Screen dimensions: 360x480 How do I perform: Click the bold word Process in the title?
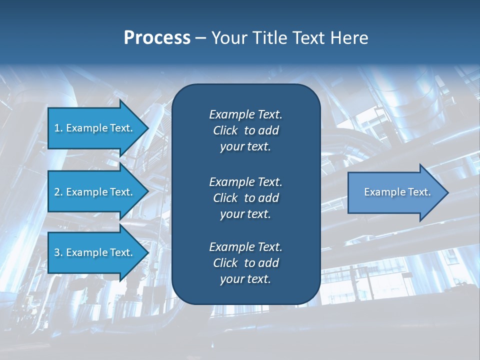coord(157,38)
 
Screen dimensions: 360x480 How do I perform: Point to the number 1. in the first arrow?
coord(58,128)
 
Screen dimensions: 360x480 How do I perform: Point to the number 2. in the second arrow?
coord(58,192)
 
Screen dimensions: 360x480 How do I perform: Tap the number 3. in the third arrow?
coord(58,252)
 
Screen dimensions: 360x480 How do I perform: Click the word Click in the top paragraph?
coord(225,131)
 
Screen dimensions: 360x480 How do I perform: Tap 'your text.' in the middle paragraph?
coord(245,214)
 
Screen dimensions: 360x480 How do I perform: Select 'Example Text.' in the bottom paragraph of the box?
coord(245,247)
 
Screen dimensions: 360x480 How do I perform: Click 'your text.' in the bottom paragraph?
coord(245,279)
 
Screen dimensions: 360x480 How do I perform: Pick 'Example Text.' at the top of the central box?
coord(245,114)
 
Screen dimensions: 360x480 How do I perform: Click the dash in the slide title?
coord(201,38)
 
